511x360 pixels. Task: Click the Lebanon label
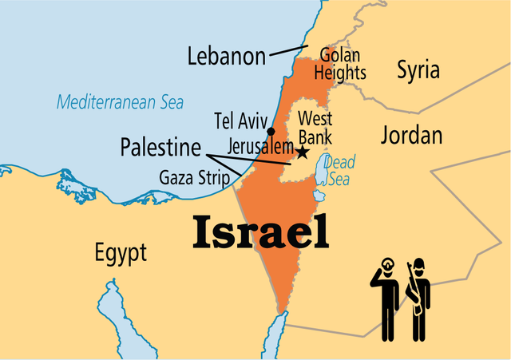point(226,56)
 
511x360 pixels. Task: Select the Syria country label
point(418,70)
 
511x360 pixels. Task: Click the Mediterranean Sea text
point(120,102)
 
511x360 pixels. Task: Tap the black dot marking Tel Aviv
point(271,131)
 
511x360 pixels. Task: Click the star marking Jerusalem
point(303,151)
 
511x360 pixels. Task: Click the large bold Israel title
point(260,231)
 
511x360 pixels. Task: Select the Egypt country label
point(121,254)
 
